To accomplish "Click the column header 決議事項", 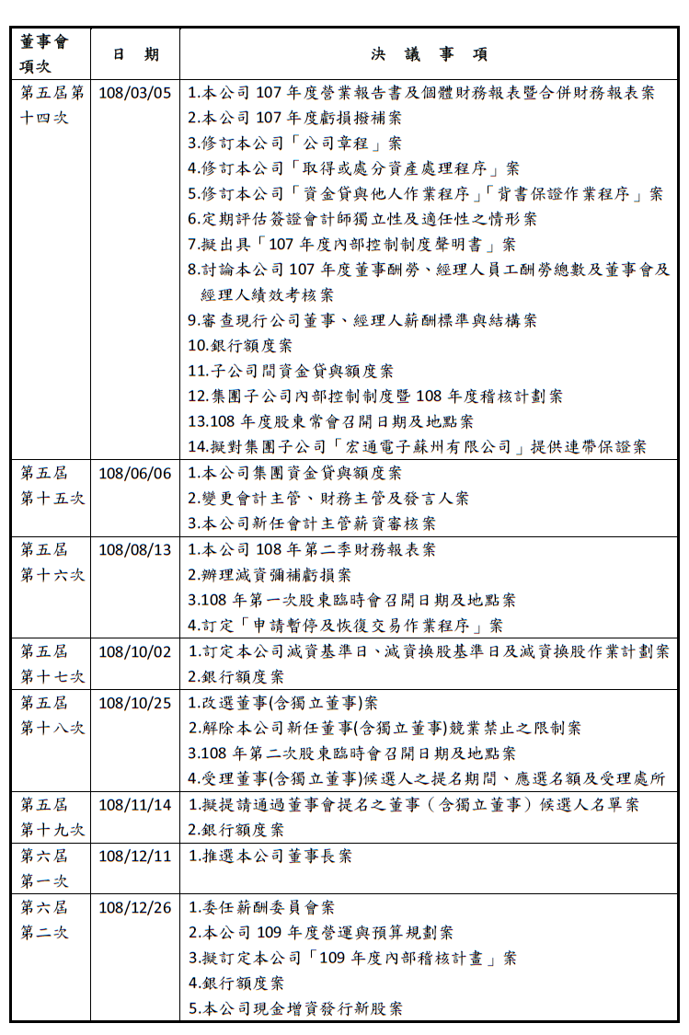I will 429,54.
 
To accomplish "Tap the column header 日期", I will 135,54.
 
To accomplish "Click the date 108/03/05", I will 134,93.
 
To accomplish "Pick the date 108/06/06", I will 134,473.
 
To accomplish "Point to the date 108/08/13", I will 134,549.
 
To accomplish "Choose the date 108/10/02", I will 134,651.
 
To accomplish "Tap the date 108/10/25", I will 134,702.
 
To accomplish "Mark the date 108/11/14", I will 134,804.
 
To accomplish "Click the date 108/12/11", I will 134,856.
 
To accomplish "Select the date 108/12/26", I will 134,907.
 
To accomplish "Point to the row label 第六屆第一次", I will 45,868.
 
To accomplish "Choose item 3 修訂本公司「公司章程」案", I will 295,144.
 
